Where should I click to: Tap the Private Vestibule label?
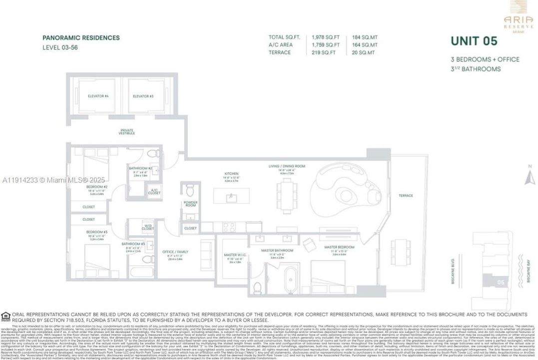[127, 132]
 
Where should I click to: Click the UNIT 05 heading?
[472, 41]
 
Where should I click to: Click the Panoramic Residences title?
[81, 37]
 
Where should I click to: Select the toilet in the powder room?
[190, 190]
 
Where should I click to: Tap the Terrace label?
[406, 195]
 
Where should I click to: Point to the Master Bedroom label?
[339, 247]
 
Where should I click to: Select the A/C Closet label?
[154, 191]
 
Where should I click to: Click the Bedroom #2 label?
[96, 186]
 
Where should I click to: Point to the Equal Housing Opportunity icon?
[5, 315]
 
